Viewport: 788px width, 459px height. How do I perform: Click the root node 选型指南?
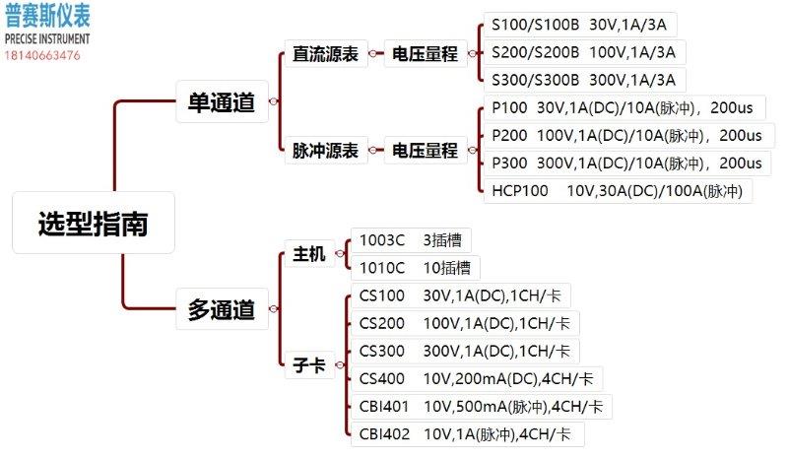(x=94, y=223)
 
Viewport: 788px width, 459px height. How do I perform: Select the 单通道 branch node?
(x=222, y=101)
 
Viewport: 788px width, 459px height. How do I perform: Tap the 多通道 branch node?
(x=222, y=308)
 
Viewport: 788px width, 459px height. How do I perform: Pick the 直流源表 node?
(x=326, y=54)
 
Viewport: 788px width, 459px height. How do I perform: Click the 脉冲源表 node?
(x=326, y=150)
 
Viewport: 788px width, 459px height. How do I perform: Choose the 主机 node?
(x=309, y=253)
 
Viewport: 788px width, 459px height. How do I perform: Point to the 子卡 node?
(x=309, y=364)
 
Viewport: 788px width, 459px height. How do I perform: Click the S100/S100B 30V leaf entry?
(x=579, y=25)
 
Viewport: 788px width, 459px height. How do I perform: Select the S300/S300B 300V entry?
(x=584, y=80)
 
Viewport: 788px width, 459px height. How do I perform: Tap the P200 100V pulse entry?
(x=628, y=136)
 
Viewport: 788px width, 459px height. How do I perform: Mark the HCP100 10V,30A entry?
(x=618, y=191)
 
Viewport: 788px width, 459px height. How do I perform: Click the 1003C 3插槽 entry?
(x=411, y=240)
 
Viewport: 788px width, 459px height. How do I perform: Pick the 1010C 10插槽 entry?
(x=415, y=268)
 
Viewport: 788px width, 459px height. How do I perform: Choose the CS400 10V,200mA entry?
(x=477, y=378)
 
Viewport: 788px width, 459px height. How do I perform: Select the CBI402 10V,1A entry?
(x=467, y=434)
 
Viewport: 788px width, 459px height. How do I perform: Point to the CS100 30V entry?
(x=460, y=295)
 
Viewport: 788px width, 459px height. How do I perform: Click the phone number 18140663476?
(x=42, y=56)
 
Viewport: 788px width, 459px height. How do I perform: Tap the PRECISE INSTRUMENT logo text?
(x=47, y=38)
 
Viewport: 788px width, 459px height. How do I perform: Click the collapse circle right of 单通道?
(x=274, y=101)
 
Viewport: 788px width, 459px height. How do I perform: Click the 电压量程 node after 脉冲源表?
(x=426, y=150)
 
